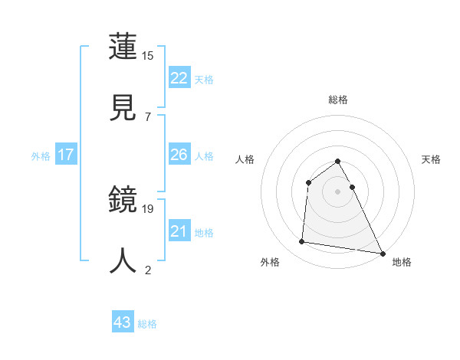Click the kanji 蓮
point(123,47)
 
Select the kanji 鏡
point(123,201)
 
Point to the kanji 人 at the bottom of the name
point(123,260)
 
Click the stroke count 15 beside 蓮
point(147,56)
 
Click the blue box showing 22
point(179,78)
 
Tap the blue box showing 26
point(179,155)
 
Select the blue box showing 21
point(179,231)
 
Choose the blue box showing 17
point(66,155)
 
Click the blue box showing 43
point(123,322)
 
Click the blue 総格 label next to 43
point(147,324)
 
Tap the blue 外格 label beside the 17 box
point(41,156)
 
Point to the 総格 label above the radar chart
point(338,100)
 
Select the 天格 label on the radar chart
point(432,159)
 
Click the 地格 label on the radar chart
point(402,262)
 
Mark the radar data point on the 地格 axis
point(383,253)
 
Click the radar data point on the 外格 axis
point(302,242)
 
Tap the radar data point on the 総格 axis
point(338,162)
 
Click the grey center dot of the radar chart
point(338,191)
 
